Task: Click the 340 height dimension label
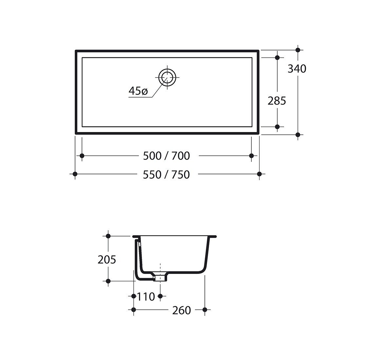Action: coord(297,69)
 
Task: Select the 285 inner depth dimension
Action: coord(277,101)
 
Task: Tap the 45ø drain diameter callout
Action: coord(138,91)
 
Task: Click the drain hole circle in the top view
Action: coord(167,77)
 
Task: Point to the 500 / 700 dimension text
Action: coord(166,156)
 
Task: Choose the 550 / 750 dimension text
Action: coord(166,175)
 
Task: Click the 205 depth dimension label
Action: coord(107,259)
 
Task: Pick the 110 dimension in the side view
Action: coord(145,297)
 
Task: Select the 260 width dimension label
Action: coord(182,311)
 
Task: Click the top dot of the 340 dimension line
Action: coord(298,50)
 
